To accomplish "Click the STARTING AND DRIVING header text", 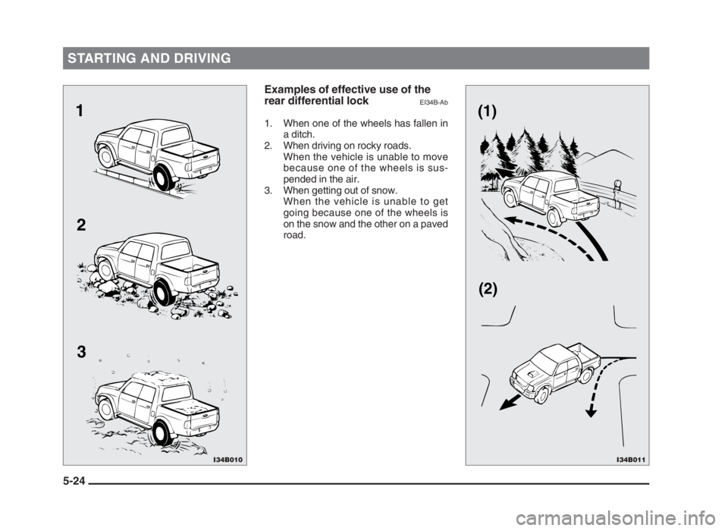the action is click(x=149, y=58).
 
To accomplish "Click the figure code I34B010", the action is click(x=228, y=460).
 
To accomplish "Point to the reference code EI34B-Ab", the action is click(x=434, y=102).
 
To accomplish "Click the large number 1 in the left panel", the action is click(x=80, y=111).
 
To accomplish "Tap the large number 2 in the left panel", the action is click(x=81, y=226).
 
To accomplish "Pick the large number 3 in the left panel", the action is click(x=81, y=352).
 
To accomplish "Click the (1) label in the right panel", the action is click(x=488, y=112).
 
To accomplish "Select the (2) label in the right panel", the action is click(x=488, y=290).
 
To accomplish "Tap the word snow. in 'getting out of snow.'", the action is click(x=386, y=190).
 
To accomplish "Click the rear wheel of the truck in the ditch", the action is click(x=164, y=178).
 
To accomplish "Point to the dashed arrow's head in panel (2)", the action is click(x=591, y=412).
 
